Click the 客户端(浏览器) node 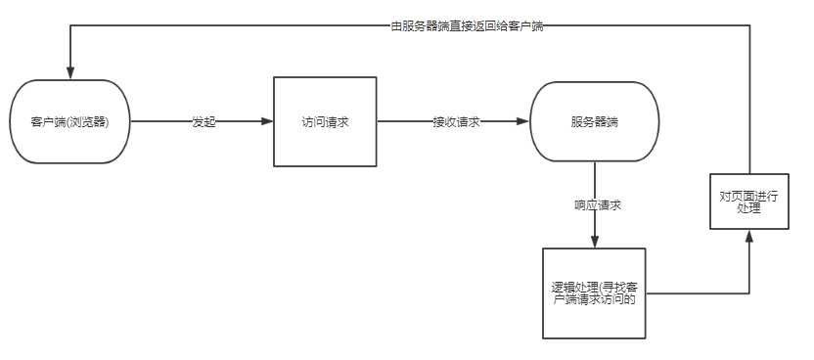click(x=70, y=122)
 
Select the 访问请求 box click(x=325, y=122)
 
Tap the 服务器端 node click(x=594, y=122)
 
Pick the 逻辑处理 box click(x=594, y=293)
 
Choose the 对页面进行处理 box click(x=748, y=202)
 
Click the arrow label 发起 click(x=203, y=122)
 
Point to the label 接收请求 click(x=456, y=122)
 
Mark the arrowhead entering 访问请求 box click(x=268, y=122)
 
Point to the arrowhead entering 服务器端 click(x=525, y=122)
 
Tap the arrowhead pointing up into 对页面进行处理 click(x=748, y=235)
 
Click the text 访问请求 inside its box click(x=325, y=123)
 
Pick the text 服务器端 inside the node click(x=594, y=123)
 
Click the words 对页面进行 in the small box click(x=748, y=196)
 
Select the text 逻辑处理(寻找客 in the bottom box click(x=595, y=287)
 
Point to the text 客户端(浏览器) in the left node click(x=69, y=123)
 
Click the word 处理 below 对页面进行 click(x=748, y=208)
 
